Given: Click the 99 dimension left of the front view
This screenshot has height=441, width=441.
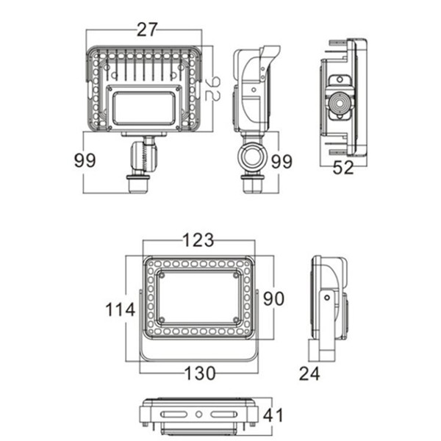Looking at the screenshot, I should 85,161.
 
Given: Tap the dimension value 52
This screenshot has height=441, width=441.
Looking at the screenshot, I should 343,168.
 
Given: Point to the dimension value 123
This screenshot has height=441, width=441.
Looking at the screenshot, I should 198,240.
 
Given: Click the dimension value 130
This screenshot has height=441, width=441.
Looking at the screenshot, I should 199,373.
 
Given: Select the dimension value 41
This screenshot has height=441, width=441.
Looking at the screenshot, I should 273,415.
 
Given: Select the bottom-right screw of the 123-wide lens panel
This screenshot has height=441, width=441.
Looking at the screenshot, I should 235,319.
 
